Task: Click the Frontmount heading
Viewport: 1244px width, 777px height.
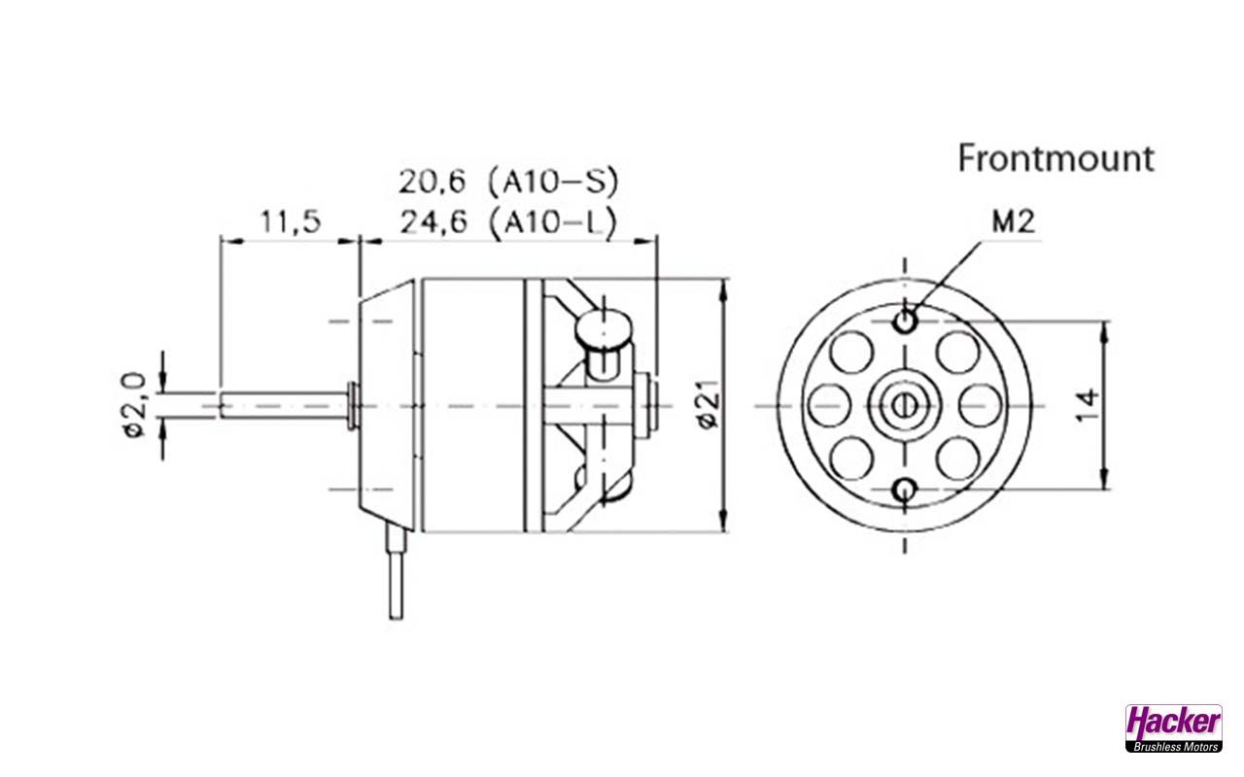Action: click(1056, 158)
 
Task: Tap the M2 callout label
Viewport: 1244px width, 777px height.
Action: click(1013, 222)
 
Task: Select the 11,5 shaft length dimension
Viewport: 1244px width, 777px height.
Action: click(290, 222)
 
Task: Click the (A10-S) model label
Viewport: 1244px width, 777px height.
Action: click(554, 182)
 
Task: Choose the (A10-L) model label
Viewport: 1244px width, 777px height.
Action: click(554, 222)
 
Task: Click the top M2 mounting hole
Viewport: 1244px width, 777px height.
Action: click(906, 320)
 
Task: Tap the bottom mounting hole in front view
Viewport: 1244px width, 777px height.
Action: click(906, 490)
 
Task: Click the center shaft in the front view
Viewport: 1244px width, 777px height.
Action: click(905, 405)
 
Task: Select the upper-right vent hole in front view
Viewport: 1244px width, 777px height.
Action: click(956, 352)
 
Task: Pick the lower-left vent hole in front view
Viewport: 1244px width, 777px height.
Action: click(852, 457)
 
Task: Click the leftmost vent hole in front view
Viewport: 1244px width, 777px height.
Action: click(830, 405)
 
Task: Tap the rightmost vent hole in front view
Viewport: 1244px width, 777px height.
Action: click(980, 405)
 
